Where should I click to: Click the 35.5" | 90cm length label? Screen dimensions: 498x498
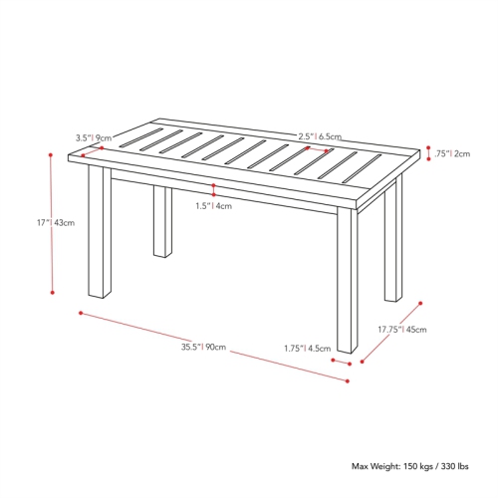point(204,347)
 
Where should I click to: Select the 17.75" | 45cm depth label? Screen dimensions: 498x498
point(402,329)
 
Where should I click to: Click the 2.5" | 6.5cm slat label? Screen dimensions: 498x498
point(320,136)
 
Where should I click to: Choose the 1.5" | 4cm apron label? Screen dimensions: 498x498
point(213,206)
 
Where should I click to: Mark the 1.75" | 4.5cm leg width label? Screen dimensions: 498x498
point(307,349)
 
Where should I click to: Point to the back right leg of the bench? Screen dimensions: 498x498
point(393,244)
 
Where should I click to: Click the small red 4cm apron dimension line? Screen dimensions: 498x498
point(213,189)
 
